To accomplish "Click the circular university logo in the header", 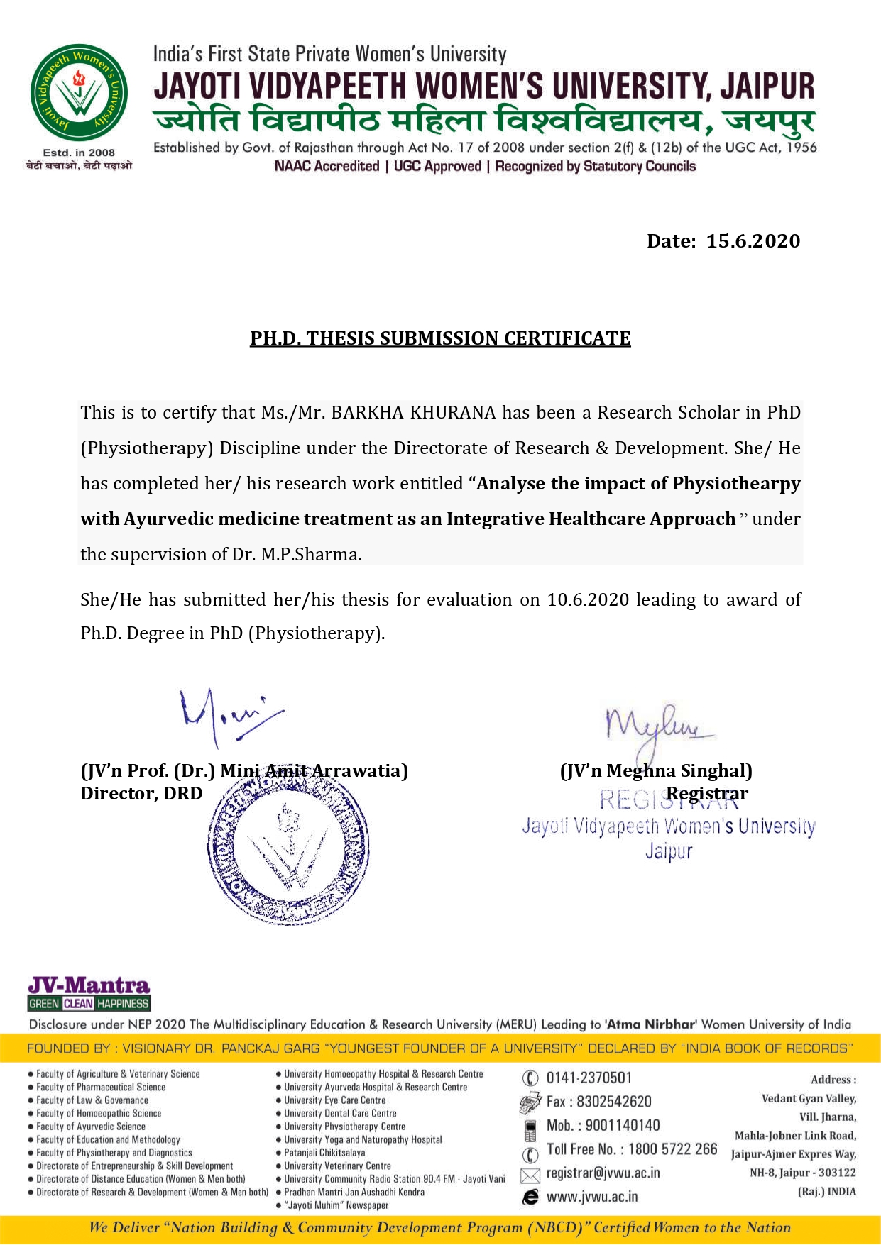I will tap(79, 94).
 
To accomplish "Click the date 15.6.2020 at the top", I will tap(753, 241).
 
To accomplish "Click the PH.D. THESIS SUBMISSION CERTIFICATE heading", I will tap(440, 338).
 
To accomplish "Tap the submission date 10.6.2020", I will tap(588, 600).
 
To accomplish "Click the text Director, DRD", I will tap(141, 794).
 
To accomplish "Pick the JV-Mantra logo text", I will tap(89, 985).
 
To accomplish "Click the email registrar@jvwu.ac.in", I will tap(603, 1173).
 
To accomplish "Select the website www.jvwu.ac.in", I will tap(592, 1197).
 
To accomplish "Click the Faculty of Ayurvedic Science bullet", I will tap(90, 1127).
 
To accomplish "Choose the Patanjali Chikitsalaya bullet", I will tap(324, 1153).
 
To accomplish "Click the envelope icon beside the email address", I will tap(530, 1175).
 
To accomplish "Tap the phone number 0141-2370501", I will tap(589, 1078).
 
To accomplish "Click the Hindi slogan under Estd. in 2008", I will tap(79, 165).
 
